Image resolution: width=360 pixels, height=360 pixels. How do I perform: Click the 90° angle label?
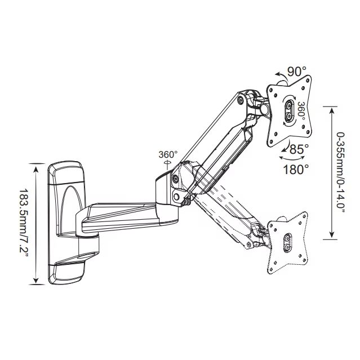coord(296,72)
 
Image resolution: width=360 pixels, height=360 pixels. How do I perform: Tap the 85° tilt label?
coord(298,150)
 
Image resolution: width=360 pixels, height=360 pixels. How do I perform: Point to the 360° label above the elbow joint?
coord(167,154)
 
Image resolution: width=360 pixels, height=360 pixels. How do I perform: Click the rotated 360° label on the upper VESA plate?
coord(301,110)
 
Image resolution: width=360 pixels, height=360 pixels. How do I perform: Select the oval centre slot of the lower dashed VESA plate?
coord(288,244)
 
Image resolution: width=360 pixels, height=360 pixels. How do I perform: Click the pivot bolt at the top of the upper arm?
coord(242,100)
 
